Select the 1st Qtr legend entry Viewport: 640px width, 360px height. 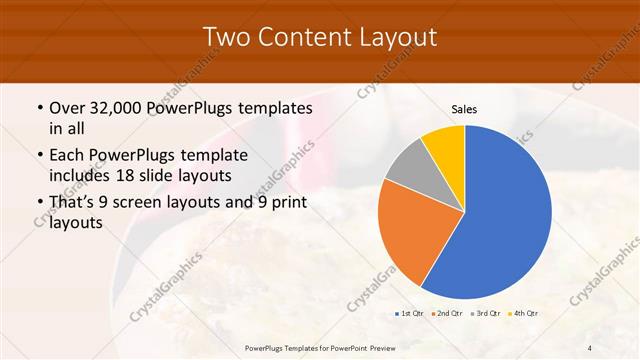[410, 314]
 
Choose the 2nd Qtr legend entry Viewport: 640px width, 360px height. [448, 314]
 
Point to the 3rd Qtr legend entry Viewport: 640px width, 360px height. [486, 314]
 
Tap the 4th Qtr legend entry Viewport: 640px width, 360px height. [524, 314]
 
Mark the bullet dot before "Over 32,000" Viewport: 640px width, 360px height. [39, 108]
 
